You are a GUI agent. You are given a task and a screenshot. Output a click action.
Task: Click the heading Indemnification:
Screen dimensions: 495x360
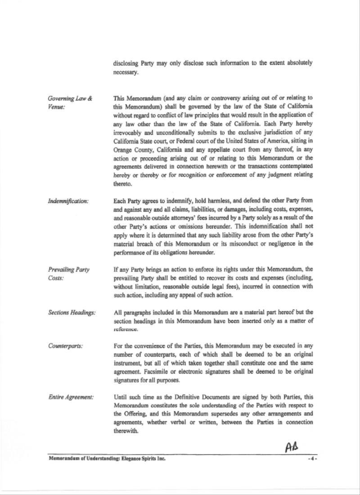[x=68, y=201]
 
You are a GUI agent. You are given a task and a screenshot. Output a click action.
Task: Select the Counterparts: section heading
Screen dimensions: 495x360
[x=66, y=346]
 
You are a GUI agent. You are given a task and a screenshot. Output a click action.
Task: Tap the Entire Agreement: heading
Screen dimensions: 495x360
[x=71, y=397]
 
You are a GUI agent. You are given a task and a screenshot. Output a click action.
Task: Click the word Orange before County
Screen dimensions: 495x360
[x=123, y=150]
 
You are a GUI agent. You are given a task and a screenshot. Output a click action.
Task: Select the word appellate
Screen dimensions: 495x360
[x=219, y=150]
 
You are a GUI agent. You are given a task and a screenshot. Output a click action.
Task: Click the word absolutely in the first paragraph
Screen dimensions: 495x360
[x=297, y=63]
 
